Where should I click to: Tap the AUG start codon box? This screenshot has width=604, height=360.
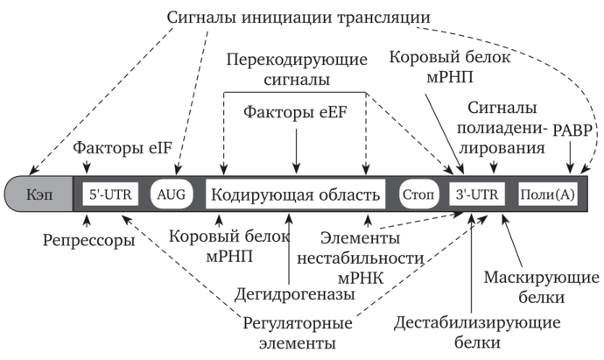coord(172,194)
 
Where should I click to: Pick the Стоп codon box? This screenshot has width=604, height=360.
coord(418,194)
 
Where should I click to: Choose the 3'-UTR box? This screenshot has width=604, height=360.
coord(476,194)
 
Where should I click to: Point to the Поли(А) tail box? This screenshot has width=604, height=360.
coord(546,194)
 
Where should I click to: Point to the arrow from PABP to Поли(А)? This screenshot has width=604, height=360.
coord(571,160)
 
